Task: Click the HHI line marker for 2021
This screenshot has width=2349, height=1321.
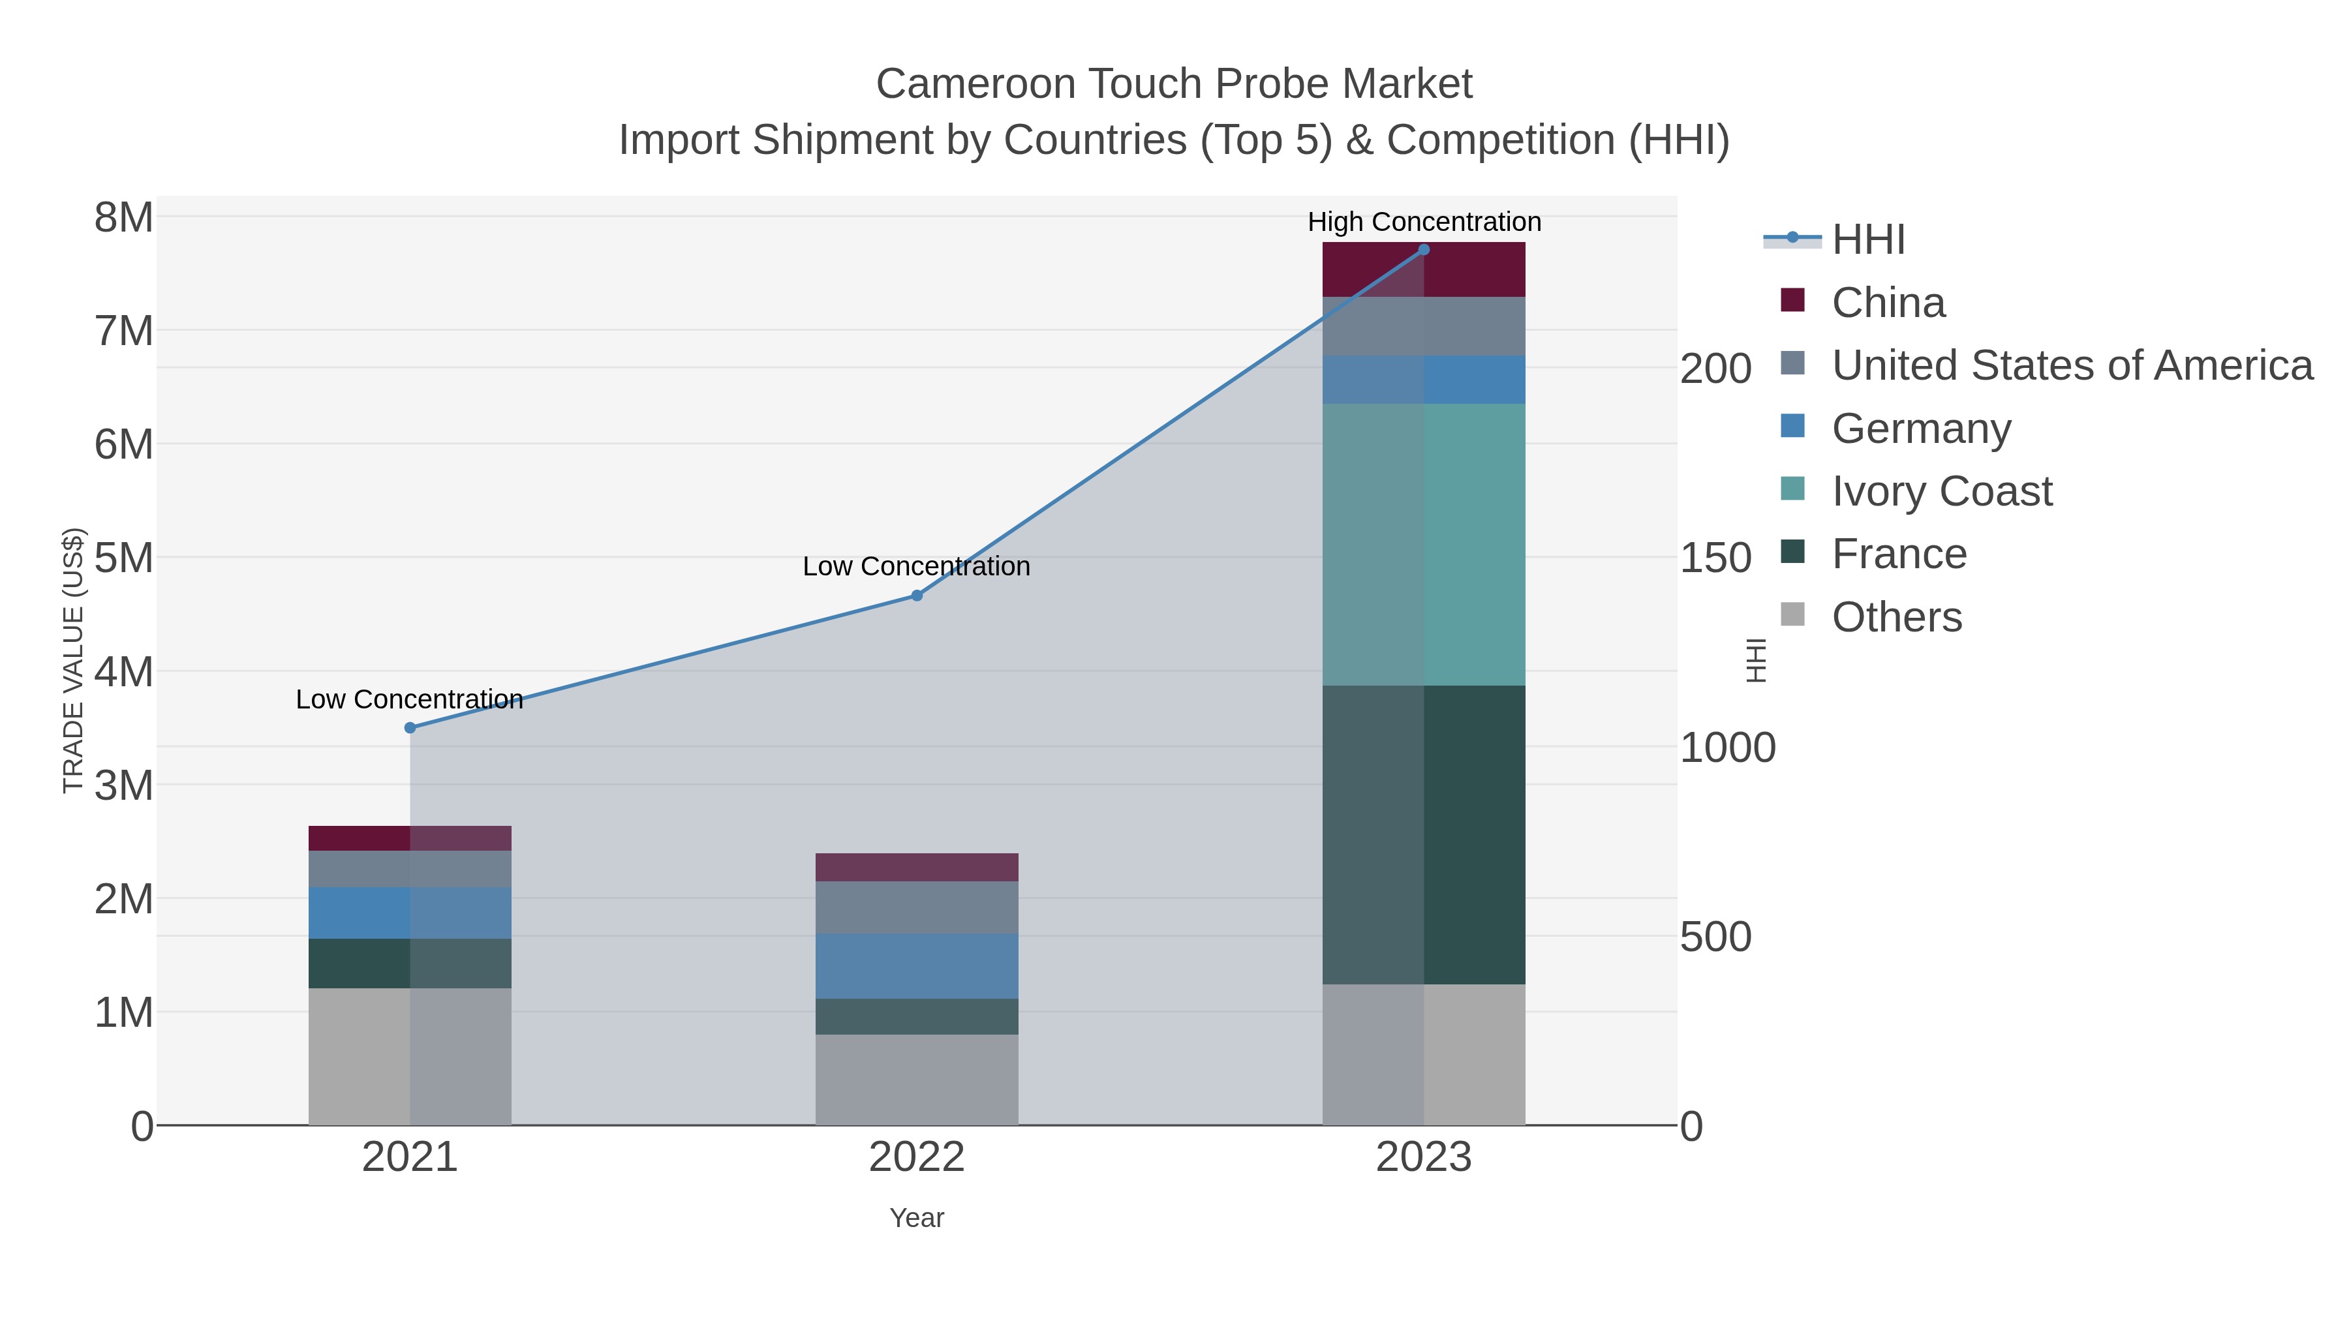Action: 409,727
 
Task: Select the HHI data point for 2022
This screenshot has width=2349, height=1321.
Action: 917,596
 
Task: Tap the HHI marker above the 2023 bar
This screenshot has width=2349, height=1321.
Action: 1424,250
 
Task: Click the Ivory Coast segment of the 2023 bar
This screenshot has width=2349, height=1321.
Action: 1424,544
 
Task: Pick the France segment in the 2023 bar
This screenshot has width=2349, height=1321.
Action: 1424,834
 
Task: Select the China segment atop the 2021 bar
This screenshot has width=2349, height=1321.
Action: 409,838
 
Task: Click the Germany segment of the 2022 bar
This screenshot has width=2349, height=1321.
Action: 917,965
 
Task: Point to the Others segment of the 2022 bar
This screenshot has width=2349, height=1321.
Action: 917,1080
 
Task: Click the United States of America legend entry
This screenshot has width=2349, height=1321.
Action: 2070,365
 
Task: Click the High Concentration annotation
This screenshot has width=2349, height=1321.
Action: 1424,222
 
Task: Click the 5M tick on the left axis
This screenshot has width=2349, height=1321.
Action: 124,558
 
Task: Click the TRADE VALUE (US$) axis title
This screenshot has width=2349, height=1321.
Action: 73,660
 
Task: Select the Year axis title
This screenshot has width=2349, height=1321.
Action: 917,1218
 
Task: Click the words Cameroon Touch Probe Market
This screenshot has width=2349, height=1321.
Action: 1174,84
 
